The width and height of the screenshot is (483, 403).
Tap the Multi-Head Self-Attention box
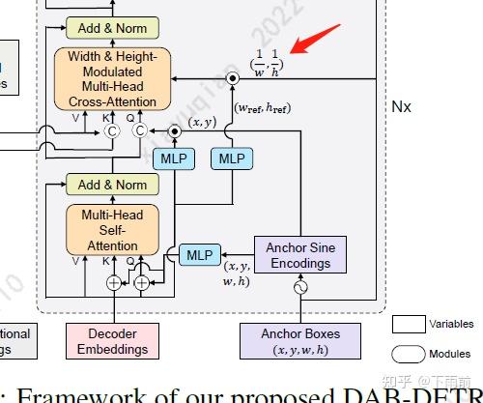pos(112,230)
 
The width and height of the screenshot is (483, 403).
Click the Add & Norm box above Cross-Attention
pos(112,29)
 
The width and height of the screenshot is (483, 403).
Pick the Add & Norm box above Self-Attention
pos(112,185)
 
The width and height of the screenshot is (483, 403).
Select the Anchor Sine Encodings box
pos(300,254)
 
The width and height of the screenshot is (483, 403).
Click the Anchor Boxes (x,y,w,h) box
pos(300,341)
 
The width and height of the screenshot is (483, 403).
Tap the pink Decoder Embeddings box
pos(113,341)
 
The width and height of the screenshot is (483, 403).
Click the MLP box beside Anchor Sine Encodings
pos(199,255)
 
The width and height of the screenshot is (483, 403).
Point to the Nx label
pos(401,106)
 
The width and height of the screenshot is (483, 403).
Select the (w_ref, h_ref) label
pos(265,108)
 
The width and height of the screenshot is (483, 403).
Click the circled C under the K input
pos(111,130)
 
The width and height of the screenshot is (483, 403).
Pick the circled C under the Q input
pos(140,130)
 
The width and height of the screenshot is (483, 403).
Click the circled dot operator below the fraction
pos(232,78)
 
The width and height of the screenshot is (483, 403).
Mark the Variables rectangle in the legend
pos(409,324)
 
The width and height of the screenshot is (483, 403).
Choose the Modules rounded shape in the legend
pos(409,354)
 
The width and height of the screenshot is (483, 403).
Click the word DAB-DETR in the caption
pos(415,394)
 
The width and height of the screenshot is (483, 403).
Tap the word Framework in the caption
pos(72,394)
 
